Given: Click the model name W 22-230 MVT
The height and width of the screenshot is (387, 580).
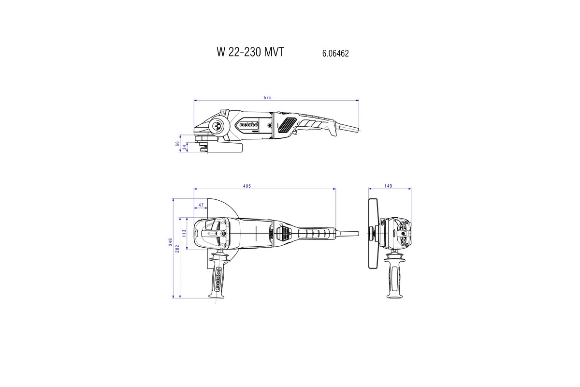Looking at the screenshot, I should click(249, 53).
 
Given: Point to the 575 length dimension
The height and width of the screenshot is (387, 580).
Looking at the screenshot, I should click(267, 98).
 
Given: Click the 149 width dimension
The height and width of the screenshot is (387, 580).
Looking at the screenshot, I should click(389, 186).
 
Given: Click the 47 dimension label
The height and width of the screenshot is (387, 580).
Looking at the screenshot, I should click(201, 206).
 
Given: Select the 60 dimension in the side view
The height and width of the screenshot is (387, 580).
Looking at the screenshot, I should click(178, 144).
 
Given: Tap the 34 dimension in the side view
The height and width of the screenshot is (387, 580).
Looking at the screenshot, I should click(184, 147).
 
